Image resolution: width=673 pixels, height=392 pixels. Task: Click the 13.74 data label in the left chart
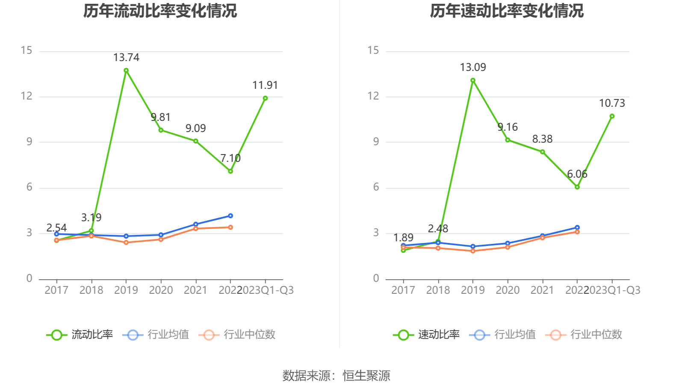point(126,58)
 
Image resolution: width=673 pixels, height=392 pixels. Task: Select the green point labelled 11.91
point(265,98)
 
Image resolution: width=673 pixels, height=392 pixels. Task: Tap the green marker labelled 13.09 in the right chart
point(473,80)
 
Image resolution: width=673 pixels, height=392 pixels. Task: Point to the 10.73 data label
point(612,103)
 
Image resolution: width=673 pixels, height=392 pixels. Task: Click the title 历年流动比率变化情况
point(160,11)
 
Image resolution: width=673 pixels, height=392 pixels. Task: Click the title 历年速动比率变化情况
point(507,11)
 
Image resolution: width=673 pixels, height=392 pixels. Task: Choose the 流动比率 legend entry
point(80,335)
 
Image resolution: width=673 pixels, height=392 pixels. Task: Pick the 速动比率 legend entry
point(427,335)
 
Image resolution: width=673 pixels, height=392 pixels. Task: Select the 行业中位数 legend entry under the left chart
point(237,335)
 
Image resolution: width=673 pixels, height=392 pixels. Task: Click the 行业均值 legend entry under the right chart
point(503,335)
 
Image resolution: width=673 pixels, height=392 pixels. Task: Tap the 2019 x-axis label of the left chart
point(126,290)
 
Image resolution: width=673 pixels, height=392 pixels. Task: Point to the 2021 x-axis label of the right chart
point(542,290)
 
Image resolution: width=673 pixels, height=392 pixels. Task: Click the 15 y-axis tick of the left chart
point(27,51)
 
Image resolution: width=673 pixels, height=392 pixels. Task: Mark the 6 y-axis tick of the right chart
point(376,187)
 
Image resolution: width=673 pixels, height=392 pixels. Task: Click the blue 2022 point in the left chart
point(230,216)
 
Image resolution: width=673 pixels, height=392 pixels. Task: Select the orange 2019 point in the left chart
point(126,243)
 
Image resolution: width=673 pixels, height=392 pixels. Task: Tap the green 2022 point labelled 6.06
point(577,187)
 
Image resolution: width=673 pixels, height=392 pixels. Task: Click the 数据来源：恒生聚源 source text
point(336,376)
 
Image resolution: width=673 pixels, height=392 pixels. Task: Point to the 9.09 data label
point(195,129)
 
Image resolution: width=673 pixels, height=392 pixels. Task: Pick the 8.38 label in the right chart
point(542,139)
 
